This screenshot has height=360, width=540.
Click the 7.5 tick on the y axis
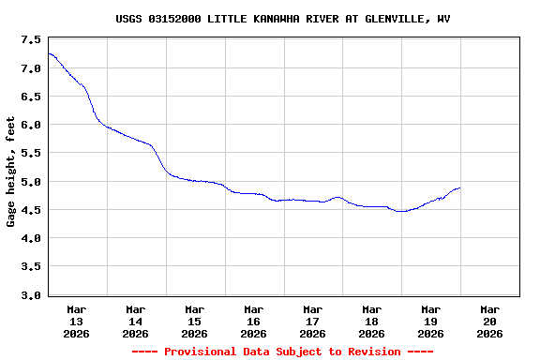31,39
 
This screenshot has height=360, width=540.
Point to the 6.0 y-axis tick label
31,125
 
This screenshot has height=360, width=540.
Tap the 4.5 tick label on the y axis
31,210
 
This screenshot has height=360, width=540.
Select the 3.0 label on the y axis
31,295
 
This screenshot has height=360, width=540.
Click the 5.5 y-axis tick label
31,153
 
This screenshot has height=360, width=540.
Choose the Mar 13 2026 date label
77,321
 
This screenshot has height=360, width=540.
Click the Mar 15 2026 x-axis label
195,321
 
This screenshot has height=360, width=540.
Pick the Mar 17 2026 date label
313,321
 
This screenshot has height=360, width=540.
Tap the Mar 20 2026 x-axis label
489,321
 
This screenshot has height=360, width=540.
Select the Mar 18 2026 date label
372,321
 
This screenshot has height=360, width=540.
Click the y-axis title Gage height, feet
11,172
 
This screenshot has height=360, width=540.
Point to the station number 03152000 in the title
175,19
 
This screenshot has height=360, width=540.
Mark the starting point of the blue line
48,53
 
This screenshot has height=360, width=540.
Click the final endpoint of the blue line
459,188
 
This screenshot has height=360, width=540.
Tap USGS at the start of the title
129,19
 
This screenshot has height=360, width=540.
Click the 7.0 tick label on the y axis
31,67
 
